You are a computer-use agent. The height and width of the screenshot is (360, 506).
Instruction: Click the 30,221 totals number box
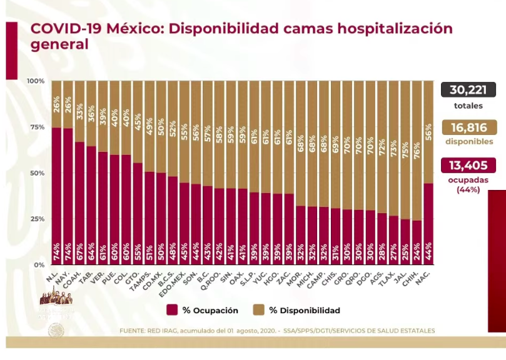[x=468, y=90]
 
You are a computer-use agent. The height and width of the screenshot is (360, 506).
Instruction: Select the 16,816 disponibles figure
[x=468, y=128]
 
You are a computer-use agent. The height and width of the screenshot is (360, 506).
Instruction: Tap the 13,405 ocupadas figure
[x=468, y=166]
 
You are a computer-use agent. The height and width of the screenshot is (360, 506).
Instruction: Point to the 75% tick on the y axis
[x=36, y=127]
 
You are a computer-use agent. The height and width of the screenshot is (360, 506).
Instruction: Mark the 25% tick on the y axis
[x=36, y=219]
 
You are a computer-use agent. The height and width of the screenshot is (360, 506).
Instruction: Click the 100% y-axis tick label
[x=34, y=81]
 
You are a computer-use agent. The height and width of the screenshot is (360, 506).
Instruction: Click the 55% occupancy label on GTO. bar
[x=138, y=255]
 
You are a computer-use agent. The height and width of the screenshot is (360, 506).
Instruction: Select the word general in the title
[x=59, y=45]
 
